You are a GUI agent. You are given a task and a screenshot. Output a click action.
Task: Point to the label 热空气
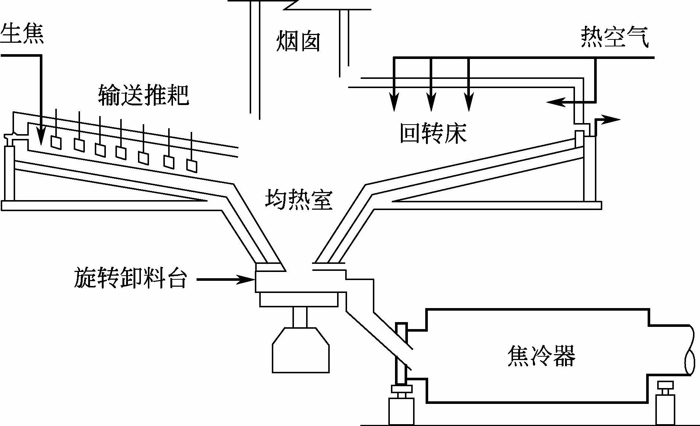[614, 37]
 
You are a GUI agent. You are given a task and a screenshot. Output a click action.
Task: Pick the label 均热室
[298, 200]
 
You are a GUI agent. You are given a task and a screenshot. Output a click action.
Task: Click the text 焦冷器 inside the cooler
[541, 356]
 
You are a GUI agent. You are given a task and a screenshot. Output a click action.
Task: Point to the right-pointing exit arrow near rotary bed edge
[612, 119]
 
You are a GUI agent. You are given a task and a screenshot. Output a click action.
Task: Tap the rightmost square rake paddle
[191, 165]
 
